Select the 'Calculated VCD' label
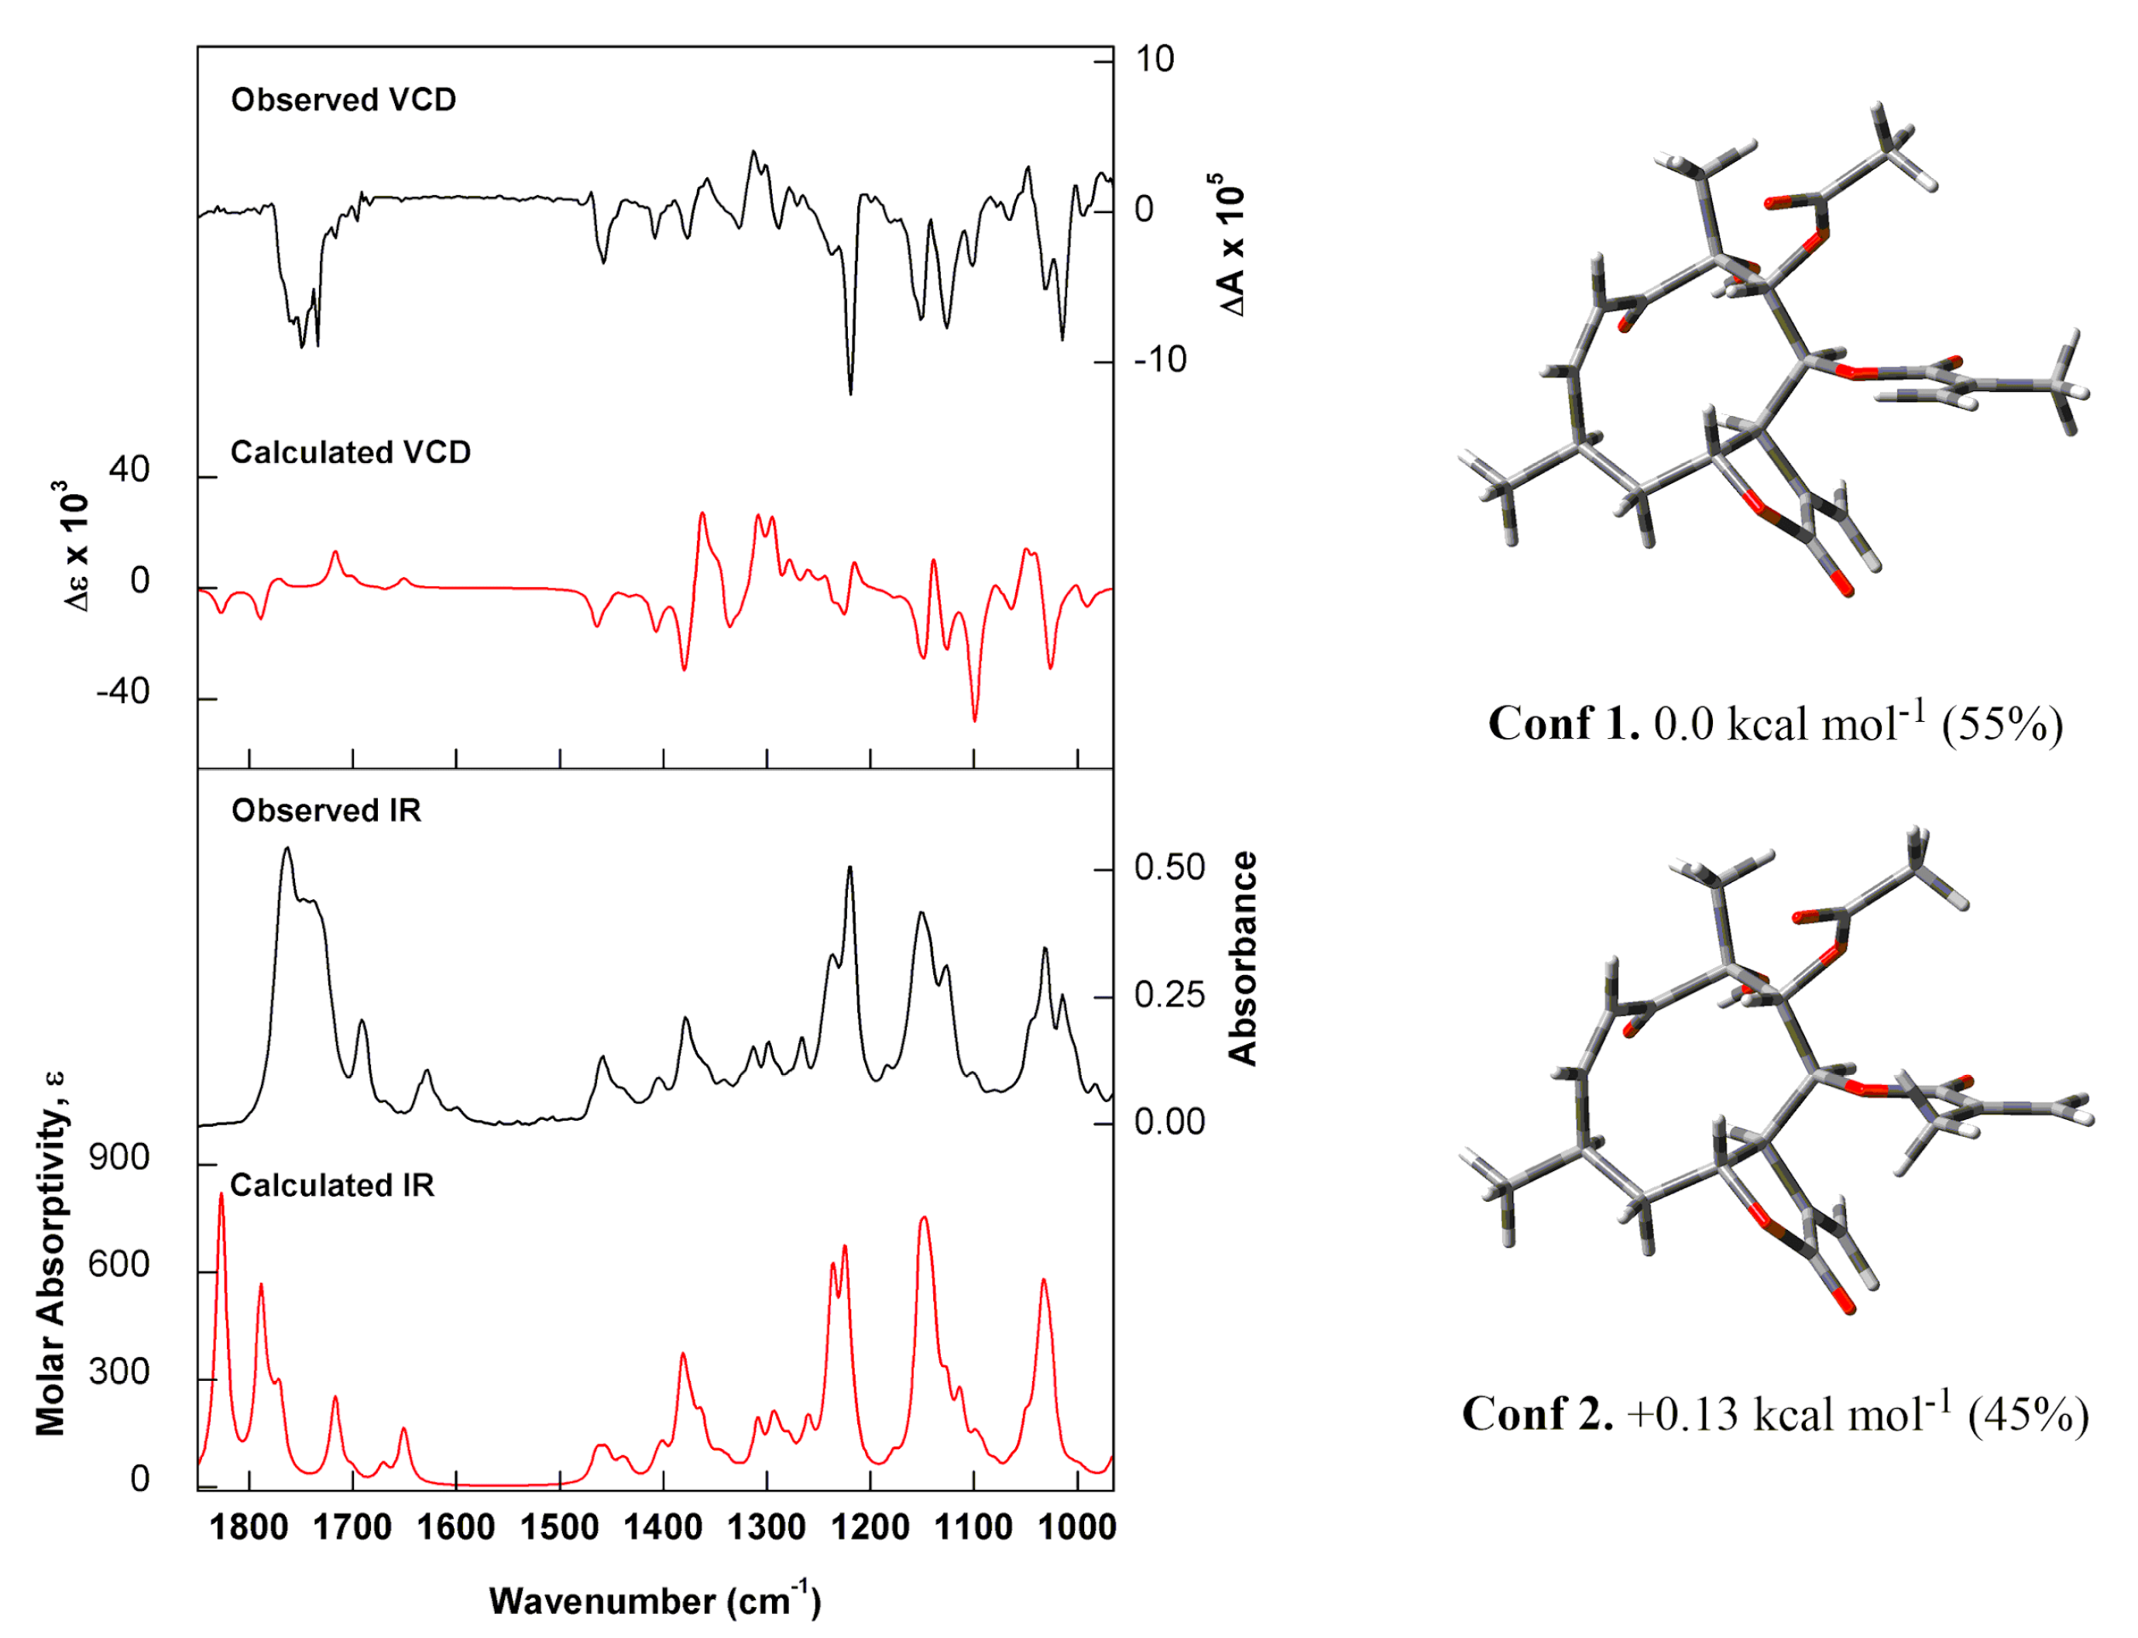(350, 452)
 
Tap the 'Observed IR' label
(326, 810)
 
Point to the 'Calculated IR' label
(331, 1185)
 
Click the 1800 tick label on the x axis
(249, 1526)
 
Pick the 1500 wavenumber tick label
(560, 1526)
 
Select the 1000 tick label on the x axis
(1076, 1526)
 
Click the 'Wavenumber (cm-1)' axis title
(655, 1601)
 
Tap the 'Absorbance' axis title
(1242, 959)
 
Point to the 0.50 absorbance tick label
(1169, 867)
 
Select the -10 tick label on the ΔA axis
(1159, 361)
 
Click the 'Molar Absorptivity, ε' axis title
(50, 1253)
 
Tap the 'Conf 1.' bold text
(1563, 724)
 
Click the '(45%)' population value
(2028, 1415)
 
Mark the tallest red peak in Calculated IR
(221, 1195)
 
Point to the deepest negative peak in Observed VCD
(850, 393)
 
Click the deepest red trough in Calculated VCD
(975, 719)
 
